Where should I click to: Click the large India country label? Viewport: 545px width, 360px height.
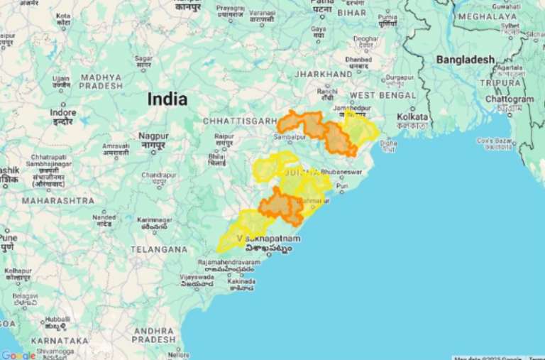[167, 99]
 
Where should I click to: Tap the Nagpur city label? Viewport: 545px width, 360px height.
[153, 135]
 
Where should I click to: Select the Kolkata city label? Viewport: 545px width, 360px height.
[413, 116]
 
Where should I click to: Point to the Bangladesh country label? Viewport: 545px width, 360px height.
[465, 60]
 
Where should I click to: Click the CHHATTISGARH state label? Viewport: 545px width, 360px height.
[238, 121]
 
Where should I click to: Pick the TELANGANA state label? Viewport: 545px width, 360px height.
[159, 249]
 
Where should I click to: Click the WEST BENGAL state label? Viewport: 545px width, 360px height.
[382, 95]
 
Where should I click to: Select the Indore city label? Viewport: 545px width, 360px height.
[62, 113]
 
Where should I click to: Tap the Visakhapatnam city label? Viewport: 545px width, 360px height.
[269, 239]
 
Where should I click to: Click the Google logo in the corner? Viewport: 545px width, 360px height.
[18, 354]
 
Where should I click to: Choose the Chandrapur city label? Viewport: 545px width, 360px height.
[158, 175]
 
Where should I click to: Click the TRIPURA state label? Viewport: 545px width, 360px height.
[500, 82]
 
